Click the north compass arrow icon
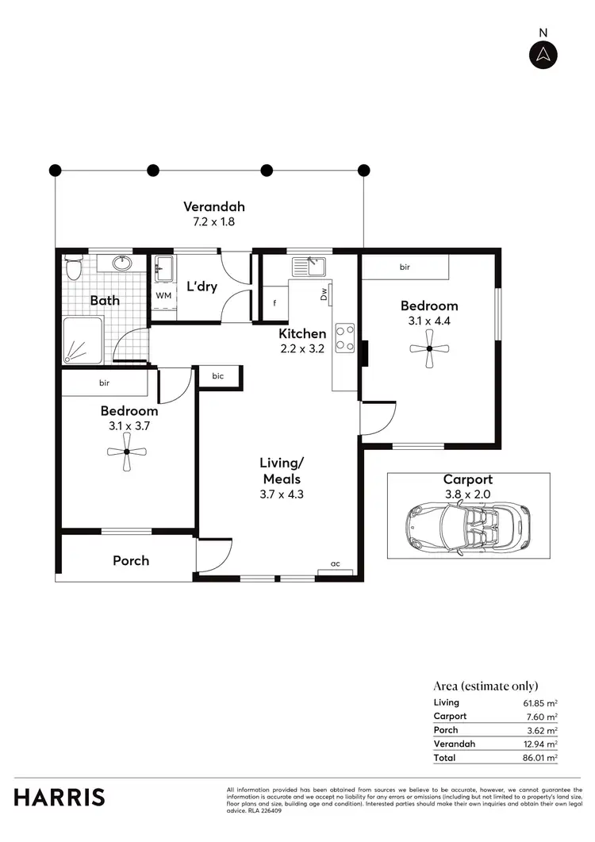pyautogui.click(x=543, y=54)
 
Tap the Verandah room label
pyautogui.click(x=209, y=209)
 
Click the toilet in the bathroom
pyautogui.click(x=74, y=268)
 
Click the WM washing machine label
pyautogui.click(x=163, y=295)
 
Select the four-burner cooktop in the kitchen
pyautogui.click(x=344, y=337)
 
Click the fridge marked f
pyautogui.click(x=274, y=302)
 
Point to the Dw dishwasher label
pyautogui.click(x=324, y=294)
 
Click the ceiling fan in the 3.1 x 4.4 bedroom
pyautogui.click(x=428, y=348)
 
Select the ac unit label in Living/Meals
pyautogui.click(x=336, y=563)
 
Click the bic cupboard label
pyautogui.click(x=217, y=377)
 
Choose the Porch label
pyautogui.click(x=131, y=560)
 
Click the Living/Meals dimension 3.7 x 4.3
pyautogui.click(x=281, y=494)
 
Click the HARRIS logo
pyautogui.click(x=59, y=797)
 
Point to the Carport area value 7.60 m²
pyautogui.click(x=544, y=716)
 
